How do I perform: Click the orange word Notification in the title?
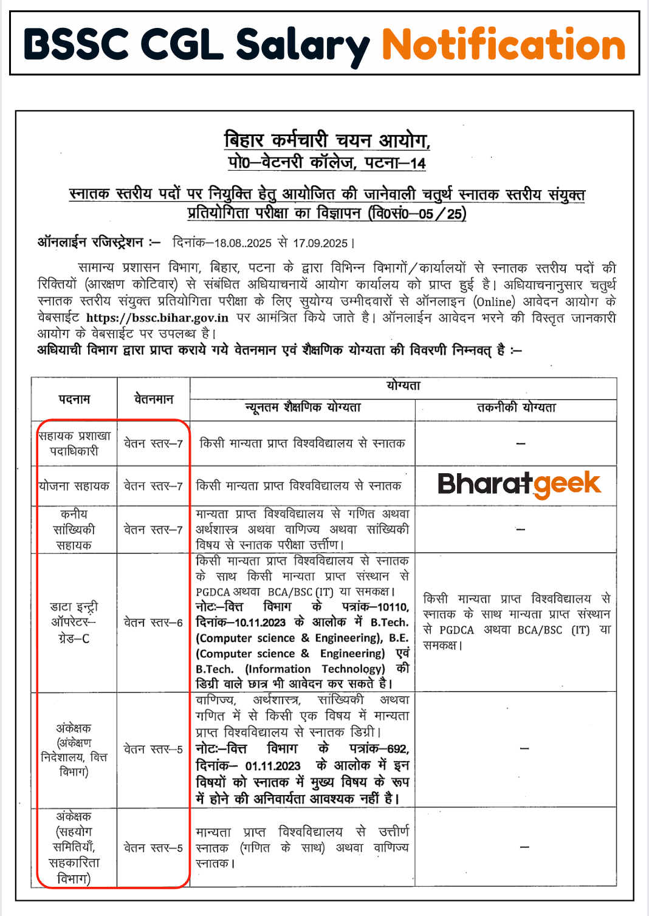point(503,45)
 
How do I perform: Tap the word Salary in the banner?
point(302,45)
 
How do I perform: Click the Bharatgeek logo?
point(518,484)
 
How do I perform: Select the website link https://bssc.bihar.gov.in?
point(157,318)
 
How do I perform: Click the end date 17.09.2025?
point(320,243)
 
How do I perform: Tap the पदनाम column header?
point(74,399)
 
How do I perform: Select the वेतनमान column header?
point(153,399)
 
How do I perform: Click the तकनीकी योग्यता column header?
point(516,408)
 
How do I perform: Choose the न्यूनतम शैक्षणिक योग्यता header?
point(303,408)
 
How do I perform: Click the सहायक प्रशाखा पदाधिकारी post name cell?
point(74,443)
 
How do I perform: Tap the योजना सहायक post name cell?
point(74,486)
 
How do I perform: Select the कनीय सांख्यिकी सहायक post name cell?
point(74,529)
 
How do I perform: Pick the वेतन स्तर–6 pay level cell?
point(153,623)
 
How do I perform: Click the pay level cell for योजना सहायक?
point(153,486)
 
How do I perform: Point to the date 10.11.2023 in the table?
point(259,623)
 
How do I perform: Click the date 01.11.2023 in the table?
point(273,766)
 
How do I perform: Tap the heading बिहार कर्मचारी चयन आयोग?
point(327,141)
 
